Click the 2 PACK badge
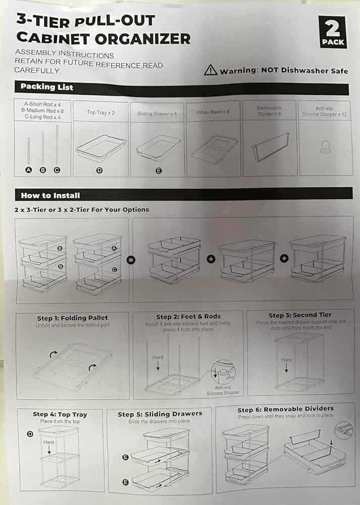point(333,32)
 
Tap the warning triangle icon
point(211,70)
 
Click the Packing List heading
point(47,87)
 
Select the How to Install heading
point(50,195)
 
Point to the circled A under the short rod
point(29,170)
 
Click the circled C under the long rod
point(57,170)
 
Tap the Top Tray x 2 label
point(101,113)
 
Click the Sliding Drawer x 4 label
point(157,114)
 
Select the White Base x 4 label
point(213,112)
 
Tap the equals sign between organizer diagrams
point(131,260)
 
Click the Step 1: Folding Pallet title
point(72,318)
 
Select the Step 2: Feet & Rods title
point(188,317)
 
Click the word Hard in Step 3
point(286,360)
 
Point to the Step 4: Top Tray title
point(60,415)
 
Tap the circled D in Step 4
point(30,434)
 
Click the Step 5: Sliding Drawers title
point(160,414)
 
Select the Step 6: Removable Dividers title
point(286,410)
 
